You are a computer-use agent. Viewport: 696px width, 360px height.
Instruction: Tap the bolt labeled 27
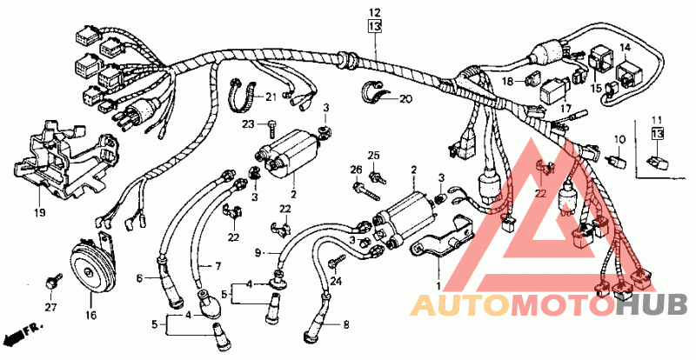point(53,281)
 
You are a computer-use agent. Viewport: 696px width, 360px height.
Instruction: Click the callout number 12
point(374,12)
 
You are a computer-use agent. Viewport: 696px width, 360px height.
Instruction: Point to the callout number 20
point(405,98)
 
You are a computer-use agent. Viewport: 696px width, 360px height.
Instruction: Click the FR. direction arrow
point(21,333)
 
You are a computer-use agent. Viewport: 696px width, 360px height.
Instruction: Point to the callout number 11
point(657,118)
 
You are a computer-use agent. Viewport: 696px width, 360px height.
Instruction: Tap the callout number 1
point(438,284)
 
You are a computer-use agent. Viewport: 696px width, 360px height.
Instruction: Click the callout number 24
point(337,281)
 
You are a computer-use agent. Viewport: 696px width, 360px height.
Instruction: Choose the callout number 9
point(258,253)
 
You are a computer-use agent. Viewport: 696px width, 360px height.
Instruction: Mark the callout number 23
point(247,124)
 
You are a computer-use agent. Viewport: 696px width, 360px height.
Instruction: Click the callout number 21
point(270,96)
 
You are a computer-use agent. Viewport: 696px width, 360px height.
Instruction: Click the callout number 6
point(138,278)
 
